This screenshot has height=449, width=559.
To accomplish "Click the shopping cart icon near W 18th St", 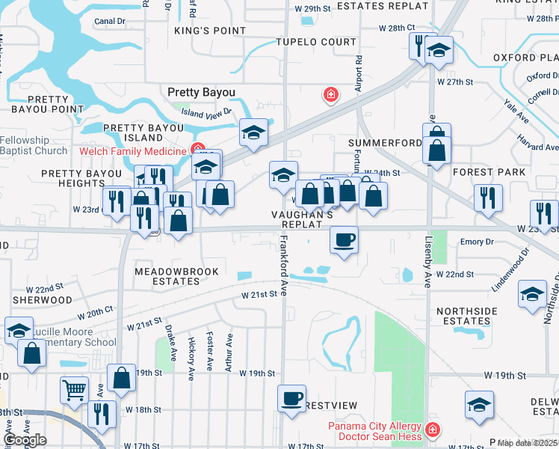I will click(x=74, y=389).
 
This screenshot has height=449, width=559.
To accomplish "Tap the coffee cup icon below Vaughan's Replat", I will click(x=344, y=240).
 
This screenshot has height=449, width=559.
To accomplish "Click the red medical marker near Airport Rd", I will click(x=330, y=95).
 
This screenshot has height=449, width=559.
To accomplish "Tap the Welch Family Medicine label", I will click(x=132, y=151).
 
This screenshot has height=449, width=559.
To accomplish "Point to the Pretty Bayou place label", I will click(x=201, y=92).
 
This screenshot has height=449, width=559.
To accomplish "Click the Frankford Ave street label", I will click(x=284, y=266).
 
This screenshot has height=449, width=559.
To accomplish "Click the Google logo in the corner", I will click(x=25, y=440).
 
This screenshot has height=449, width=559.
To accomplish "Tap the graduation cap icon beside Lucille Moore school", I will click(x=19, y=330).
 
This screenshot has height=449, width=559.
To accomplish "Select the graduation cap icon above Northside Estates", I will click(x=532, y=294).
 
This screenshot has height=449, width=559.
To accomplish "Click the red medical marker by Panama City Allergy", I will click(x=432, y=431).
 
